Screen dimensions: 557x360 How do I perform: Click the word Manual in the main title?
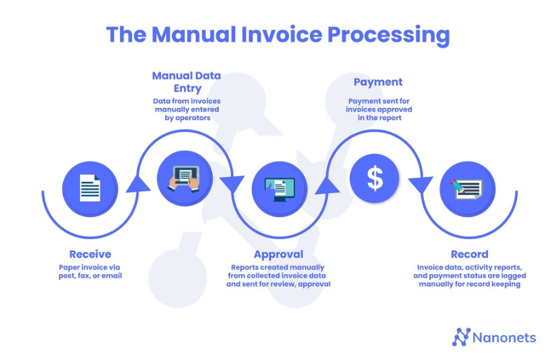pos(193,35)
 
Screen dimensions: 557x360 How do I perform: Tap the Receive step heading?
pos(90,254)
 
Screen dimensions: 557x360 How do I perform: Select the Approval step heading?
pos(278,255)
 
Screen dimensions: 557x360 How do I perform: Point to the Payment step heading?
pos(378,82)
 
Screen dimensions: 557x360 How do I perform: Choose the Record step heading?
pos(470,254)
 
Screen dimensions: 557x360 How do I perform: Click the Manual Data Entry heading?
pos(187,82)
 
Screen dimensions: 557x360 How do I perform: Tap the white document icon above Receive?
pos(90,188)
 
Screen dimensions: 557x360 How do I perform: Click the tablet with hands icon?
pos(184,178)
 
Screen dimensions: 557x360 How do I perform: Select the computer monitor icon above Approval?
pos(280,189)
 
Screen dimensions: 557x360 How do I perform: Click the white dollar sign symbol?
pos(375,178)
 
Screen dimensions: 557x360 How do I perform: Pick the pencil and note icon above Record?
pos(467,189)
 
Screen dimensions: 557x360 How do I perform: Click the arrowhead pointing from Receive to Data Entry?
pos(138,184)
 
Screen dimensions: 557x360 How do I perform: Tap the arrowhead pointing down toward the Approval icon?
pos(232,185)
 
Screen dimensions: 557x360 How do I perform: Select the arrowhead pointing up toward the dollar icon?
pos(327,185)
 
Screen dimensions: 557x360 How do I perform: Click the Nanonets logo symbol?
pos(461,337)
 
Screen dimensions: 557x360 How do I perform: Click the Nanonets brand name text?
pos(504,338)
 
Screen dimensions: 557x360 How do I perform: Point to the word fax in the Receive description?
pos(83,276)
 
